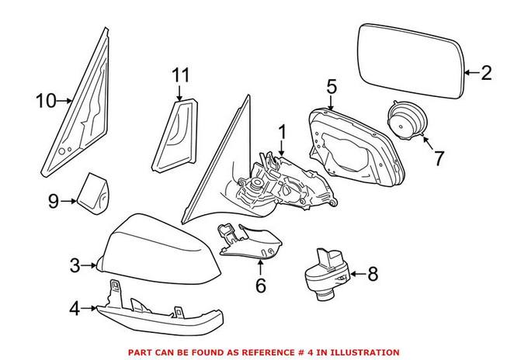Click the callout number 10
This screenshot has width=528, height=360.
click(x=46, y=99)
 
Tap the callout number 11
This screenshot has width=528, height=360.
click(x=180, y=75)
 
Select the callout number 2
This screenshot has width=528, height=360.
click(x=486, y=74)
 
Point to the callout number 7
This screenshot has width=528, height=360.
click(x=439, y=158)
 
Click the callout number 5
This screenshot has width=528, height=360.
click(x=331, y=87)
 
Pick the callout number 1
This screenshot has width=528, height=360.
click(x=282, y=132)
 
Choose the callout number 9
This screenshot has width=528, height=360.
click(x=54, y=201)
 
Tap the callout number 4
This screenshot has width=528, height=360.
click(x=75, y=310)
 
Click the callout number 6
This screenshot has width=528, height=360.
click(x=260, y=286)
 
